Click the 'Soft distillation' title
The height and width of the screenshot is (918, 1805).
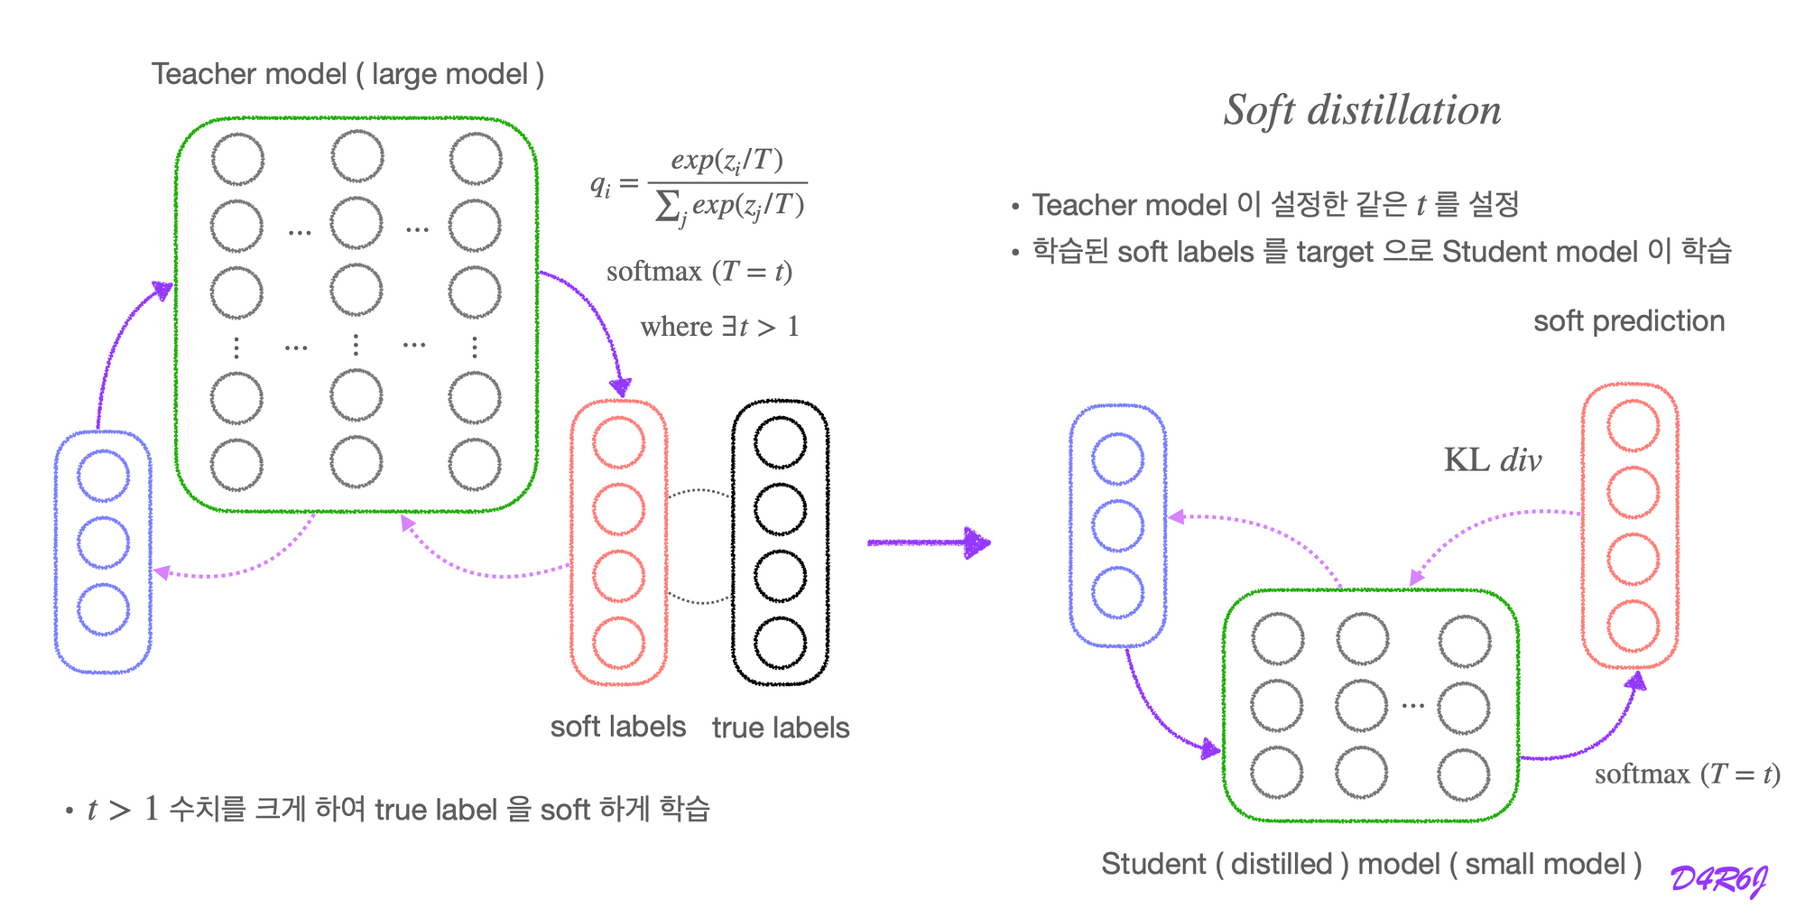coord(1362,111)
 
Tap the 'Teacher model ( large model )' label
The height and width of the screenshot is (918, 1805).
coord(347,74)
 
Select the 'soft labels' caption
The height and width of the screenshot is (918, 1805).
coord(618,727)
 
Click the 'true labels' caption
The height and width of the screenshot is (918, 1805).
coord(781,728)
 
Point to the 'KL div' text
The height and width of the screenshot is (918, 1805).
coord(1493,460)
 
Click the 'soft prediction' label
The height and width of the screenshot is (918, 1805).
coord(1629,321)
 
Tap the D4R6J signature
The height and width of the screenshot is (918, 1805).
coord(1718,879)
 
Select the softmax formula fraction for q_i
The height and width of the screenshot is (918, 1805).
coord(726,184)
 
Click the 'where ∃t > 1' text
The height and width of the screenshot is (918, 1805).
coord(719,327)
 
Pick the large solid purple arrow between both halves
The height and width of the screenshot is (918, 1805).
coord(929,542)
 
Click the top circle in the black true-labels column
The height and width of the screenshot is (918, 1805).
coord(780,442)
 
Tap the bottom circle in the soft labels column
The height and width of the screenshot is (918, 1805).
coord(619,643)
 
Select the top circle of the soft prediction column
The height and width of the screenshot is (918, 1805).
coord(1633,425)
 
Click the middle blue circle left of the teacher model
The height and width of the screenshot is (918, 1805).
coord(103,542)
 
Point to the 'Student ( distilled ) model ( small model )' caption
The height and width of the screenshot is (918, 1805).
coord(1371,864)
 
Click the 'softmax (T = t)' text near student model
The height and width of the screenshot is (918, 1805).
coord(1687,774)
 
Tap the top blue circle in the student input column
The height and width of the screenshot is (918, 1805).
coord(1117,459)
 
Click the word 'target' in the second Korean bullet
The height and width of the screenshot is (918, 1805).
coord(1335,252)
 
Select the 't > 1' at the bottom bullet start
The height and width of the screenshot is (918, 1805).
coord(123,810)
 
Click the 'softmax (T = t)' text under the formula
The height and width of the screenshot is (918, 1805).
coord(699,272)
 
